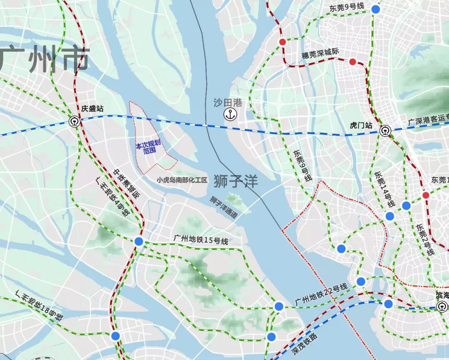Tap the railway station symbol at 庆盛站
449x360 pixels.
74,121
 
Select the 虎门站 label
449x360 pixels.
360,125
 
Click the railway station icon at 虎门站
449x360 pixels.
385,131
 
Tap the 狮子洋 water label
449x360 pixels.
236,181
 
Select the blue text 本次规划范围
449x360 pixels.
150,148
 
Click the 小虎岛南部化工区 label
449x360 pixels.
182,180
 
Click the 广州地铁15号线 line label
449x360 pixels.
201,240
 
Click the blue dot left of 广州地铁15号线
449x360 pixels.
139,241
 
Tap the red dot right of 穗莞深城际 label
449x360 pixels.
353,62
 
